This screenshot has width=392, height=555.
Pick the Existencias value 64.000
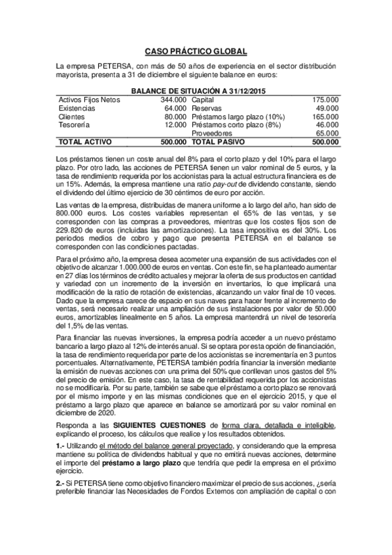coord(175,107)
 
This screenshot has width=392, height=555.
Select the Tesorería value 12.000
coord(175,124)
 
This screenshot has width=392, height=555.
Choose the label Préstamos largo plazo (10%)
coord(239,116)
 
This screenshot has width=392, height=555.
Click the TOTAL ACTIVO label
coord(85,141)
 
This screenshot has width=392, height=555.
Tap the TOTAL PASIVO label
coord(219,141)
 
